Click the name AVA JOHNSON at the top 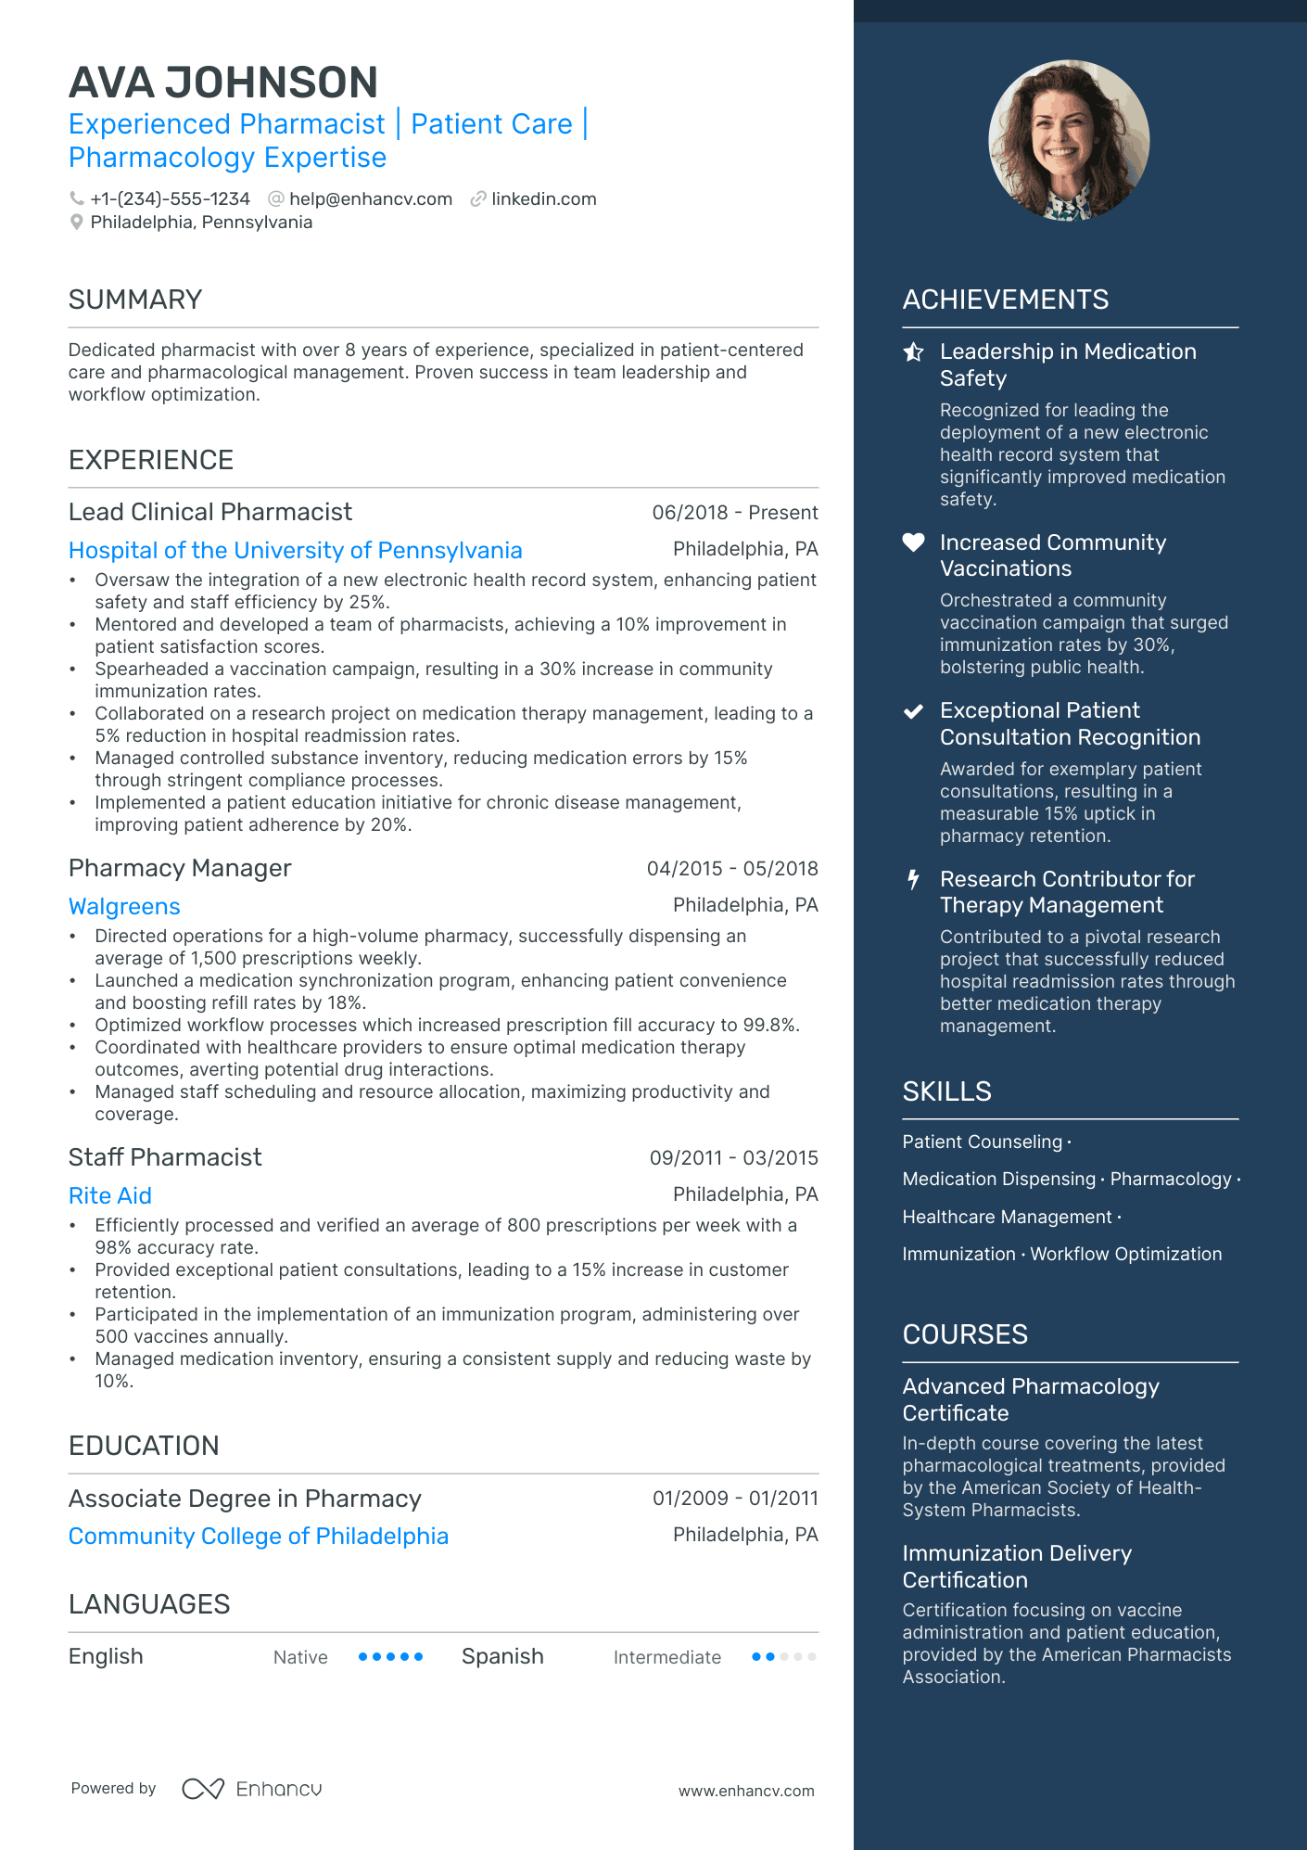(223, 83)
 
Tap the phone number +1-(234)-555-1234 (170, 199)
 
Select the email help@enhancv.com (370, 199)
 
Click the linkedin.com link (543, 199)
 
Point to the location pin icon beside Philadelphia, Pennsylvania (77, 223)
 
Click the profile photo (1069, 140)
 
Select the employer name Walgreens (124, 907)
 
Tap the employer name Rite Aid (110, 1196)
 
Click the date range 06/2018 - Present (734, 513)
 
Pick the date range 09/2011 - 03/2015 (733, 1158)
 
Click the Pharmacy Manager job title (180, 869)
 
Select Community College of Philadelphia (259, 1537)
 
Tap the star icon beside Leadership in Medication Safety (914, 352)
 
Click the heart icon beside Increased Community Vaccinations (914, 542)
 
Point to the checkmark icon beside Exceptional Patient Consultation (914, 711)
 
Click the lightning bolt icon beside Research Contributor (914, 879)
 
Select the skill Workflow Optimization (1125, 1255)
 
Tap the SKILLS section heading (946, 1092)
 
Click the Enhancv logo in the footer (252, 1789)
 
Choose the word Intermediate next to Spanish (666, 1658)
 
